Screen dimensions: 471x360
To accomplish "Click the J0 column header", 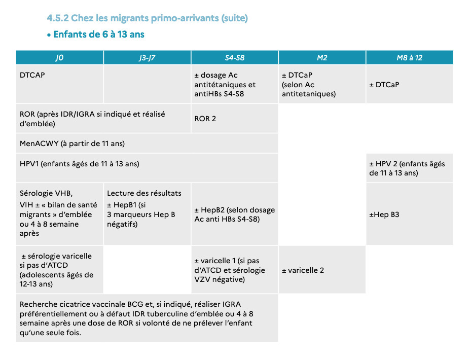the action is (x=59, y=57).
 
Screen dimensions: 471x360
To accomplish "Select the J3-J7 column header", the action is (x=147, y=57).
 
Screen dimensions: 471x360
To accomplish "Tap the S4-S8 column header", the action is (x=235, y=57).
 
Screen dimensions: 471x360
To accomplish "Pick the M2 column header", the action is (x=322, y=57).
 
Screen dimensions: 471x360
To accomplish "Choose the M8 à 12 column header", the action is (x=410, y=57).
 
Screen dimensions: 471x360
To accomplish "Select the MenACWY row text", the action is (x=72, y=143).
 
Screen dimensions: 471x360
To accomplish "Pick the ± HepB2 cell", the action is (x=235, y=214).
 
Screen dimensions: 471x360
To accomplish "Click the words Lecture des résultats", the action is (x=144, y=193).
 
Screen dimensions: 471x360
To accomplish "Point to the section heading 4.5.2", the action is (x=147, y=18).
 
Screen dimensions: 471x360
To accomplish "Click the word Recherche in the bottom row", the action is (x=39, y=304).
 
